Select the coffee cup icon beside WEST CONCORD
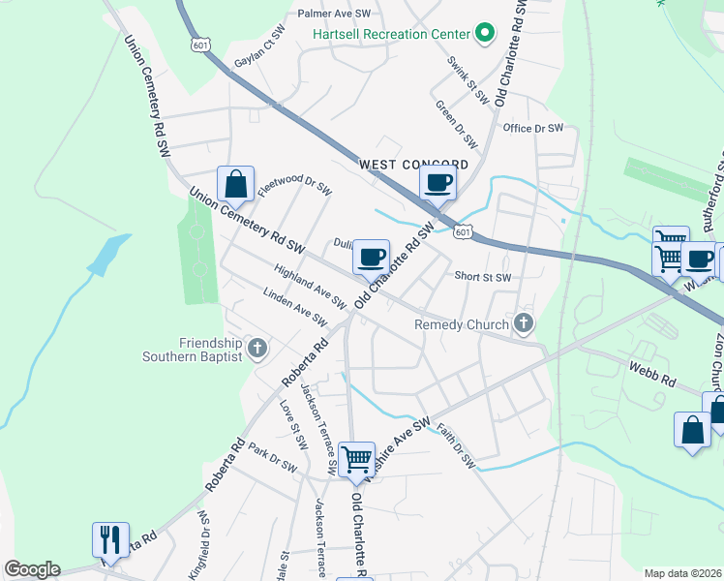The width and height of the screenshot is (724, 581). pyautogui.click(x=437, y=182)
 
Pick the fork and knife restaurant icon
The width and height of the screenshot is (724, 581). pyautogui.click(x=110, y=539)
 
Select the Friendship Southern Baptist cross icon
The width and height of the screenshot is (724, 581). pyautogui.click(x=256, y=347)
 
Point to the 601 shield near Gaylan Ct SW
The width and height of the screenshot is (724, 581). pyautogui.click(x=200, y=46)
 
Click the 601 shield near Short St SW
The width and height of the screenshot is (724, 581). pyautogui.click(x=463, y=231)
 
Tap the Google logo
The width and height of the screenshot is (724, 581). pyautogui.click(x=32, y=569)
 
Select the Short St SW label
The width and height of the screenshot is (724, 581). pyautogui.click(x=482, y=277)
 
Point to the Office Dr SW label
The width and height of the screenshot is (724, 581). pyautogui.click(x=532, y=128)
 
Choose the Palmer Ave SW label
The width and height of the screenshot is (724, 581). pyautogui.click(x=335, y=14)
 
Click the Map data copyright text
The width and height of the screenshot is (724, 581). pyautogui.click(x=681, y=573)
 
